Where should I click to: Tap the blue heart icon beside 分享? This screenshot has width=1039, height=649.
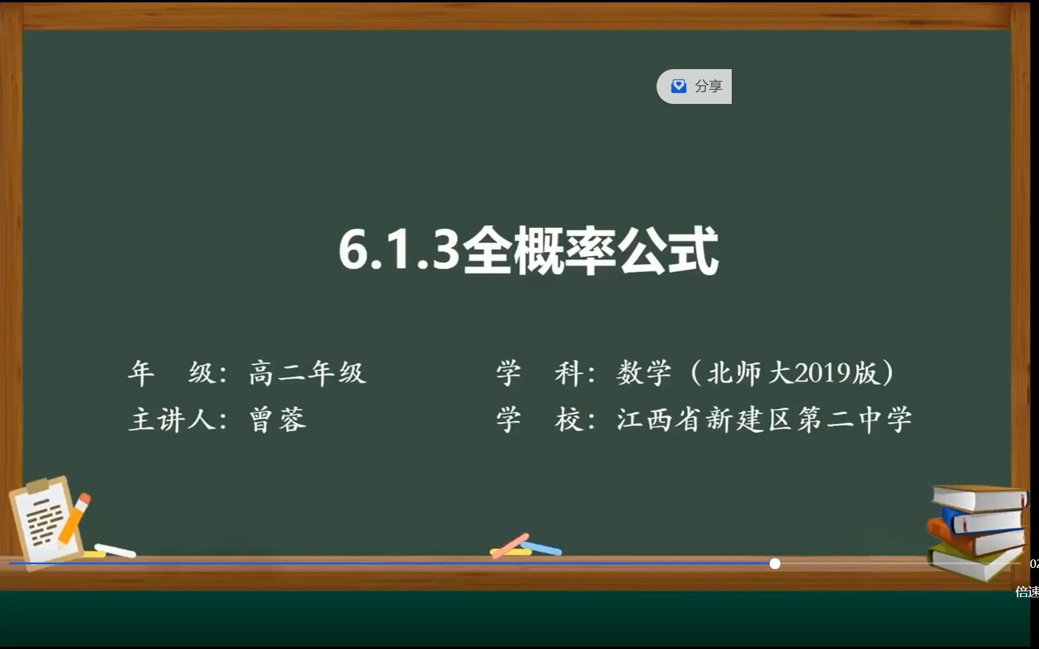(679, 86)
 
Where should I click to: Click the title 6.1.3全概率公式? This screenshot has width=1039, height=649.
(528, 251)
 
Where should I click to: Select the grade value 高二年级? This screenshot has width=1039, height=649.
(307, 373)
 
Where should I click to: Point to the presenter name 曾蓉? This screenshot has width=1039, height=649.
(277, 419)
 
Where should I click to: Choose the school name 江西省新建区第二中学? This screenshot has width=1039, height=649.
(764, 419)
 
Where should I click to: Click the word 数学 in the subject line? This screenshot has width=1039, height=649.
(643, 373)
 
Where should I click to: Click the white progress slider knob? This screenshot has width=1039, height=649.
(775, 564)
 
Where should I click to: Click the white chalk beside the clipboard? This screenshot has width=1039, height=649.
(115, 550)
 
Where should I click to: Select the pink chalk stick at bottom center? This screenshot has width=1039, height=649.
(510, 545)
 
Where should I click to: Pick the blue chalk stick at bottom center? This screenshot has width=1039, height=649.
(542, 548)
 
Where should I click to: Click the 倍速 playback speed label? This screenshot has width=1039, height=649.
(1026, 592)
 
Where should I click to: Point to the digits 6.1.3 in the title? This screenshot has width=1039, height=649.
(399, 251)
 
